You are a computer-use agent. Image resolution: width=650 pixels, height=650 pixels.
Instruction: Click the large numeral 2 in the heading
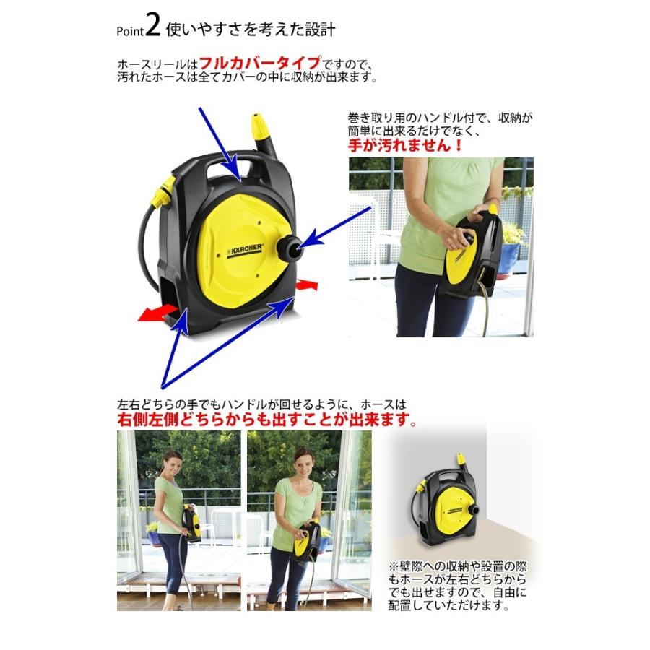tap(152, 26)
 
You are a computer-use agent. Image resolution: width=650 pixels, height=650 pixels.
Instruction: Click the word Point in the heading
tap(130, 31)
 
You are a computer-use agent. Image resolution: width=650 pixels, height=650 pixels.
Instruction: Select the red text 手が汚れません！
tap(405, 144)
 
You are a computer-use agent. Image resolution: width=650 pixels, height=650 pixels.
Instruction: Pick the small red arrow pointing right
tap(307, 285)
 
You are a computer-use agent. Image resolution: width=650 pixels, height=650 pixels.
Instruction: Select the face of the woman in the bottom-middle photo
tap(303, 459)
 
